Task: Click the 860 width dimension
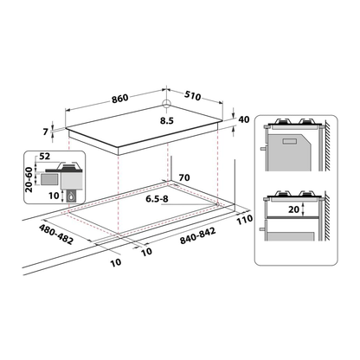click(120, 98)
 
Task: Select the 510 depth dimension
click(192, 96)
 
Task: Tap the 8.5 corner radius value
click(167, 120)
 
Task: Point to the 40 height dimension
click(244, 119)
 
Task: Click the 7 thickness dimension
click(45, 132)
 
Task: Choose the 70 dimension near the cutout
click(184, 177)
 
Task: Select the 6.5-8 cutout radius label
click(157, 199)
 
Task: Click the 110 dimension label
click(245, 220)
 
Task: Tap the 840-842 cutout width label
click(198, 236)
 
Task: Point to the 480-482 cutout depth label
click(56, 235)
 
